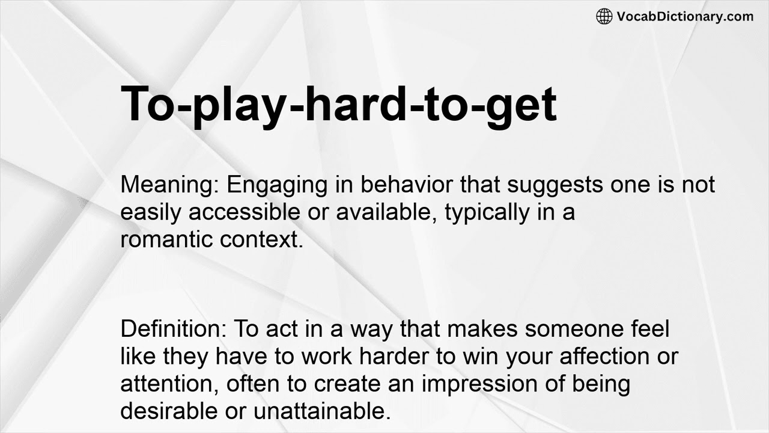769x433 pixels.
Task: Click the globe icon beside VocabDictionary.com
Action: tap(604, 16)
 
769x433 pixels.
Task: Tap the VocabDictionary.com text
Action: tap(685, 16)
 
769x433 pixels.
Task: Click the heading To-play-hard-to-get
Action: tap(339, 104)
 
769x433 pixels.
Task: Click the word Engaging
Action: tap(275, 185)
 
